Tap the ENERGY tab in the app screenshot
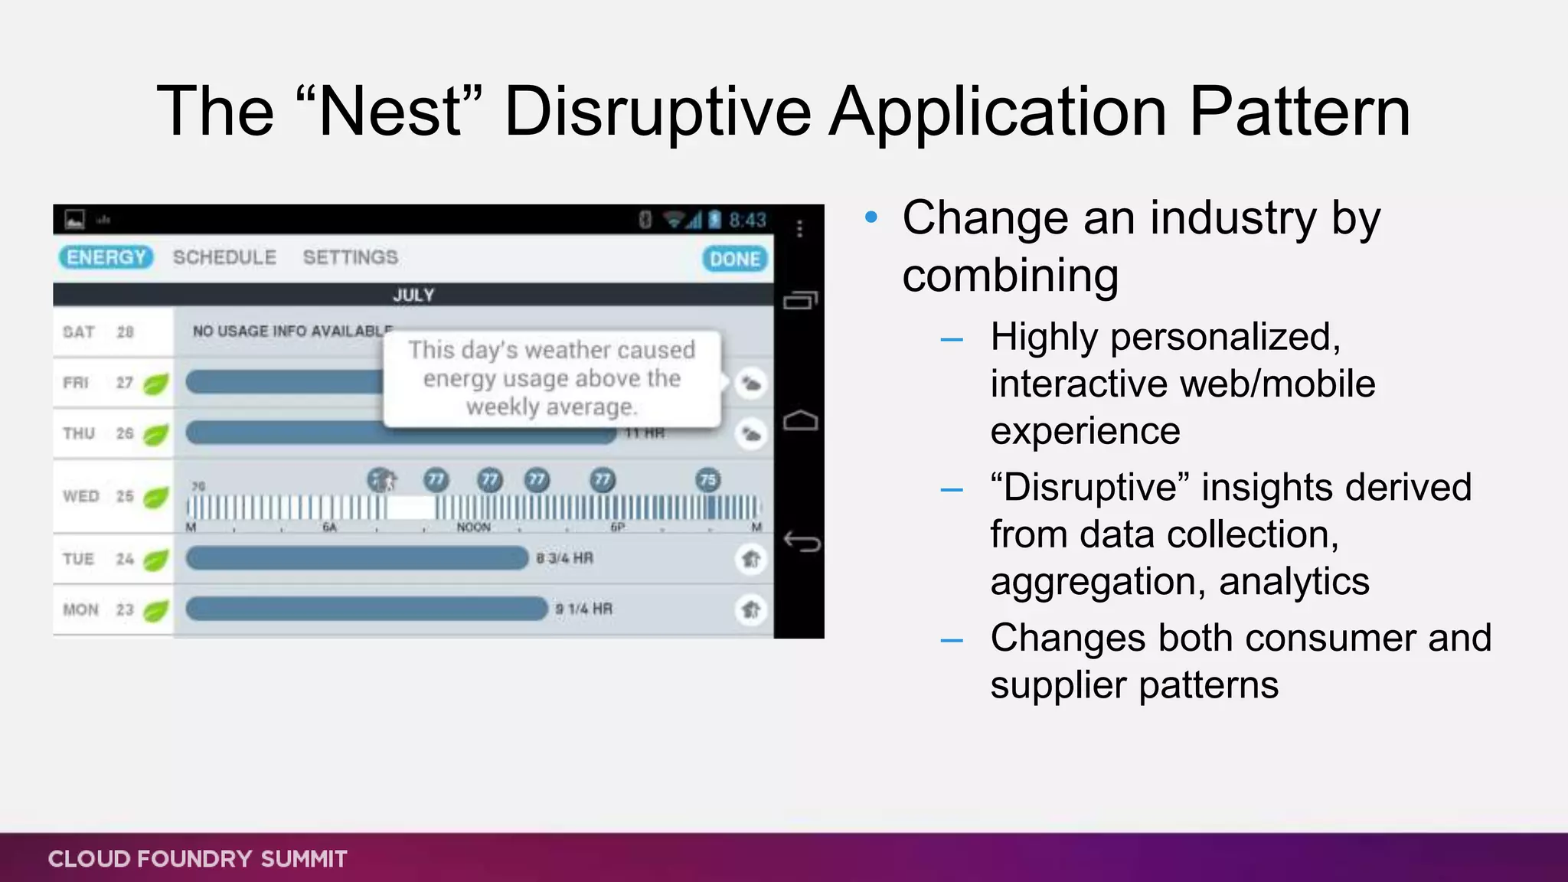tap(106, 257)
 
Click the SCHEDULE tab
tap(224, 257)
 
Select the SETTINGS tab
tap(350, 257)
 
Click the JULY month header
tap(413, 296)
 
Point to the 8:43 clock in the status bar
tap(747, 220)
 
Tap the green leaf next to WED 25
tap(156, 498)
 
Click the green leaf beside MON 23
tap(156, 611)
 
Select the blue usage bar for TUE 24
tap(357, 558)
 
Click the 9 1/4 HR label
tap(584, 609)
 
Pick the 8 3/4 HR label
tap(565, 558)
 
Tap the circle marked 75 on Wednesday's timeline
tap(708, 480)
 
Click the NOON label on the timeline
tap(473, 528)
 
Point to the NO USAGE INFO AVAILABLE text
tap(292, 331)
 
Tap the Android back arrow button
tap(802, 542)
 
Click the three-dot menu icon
tap(799, 229)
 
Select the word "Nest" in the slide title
tap(390, 112)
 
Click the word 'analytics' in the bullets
tap(1294, 582)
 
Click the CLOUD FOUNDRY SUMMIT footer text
tap(198, 859)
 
